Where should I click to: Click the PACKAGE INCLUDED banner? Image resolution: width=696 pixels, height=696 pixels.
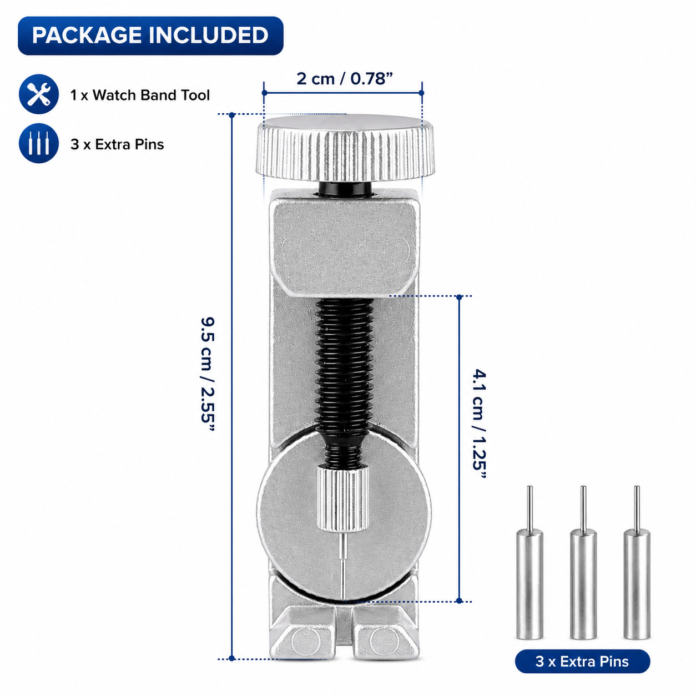(150, 36)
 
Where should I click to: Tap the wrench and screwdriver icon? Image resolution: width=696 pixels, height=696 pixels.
(39, 94)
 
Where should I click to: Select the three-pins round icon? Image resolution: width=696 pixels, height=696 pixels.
(39, 143)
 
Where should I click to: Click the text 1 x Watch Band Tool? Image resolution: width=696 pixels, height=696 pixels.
(140, 95)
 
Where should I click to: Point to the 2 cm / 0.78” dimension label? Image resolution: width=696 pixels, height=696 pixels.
(345, 78)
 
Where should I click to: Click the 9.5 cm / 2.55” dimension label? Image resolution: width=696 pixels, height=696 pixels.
(208, 374)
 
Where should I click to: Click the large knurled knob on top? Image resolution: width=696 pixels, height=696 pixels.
(345, 149)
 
